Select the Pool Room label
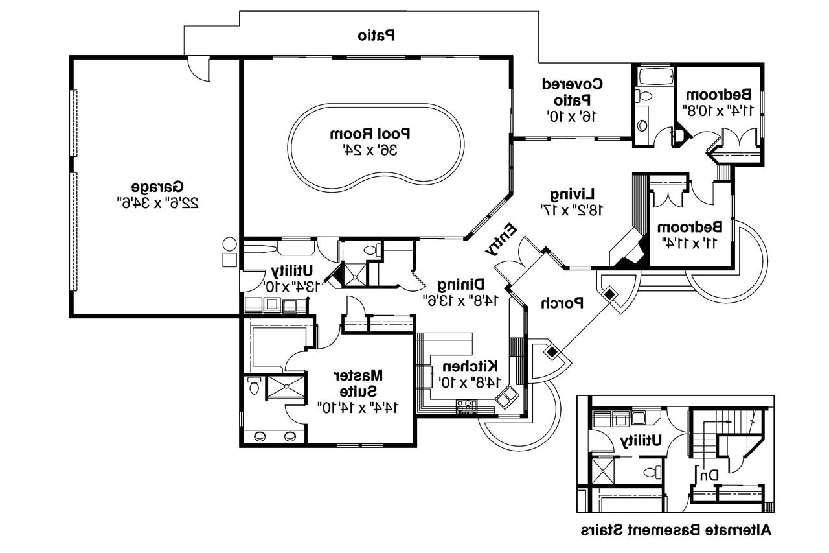(x=371, y=134)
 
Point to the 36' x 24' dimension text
(x=371, y=150)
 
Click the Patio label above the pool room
(x=378, y=36)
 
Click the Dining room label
(x=461, y=284)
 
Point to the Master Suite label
(x=358, y=383)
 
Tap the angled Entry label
(x=501, y=241)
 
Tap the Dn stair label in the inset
(x=709, y=476)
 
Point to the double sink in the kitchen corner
(x=506, y=397)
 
